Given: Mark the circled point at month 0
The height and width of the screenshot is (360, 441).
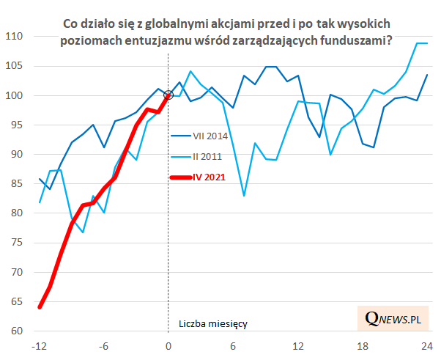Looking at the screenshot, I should coord(168,95).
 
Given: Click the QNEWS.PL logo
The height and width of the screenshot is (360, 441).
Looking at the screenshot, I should coord(396,319).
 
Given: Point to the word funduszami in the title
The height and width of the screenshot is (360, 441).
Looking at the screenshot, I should coord(353,43).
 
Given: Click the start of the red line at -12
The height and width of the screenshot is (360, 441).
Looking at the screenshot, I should coord(40,307).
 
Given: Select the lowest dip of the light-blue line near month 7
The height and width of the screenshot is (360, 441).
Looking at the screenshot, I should coord(244,196).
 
